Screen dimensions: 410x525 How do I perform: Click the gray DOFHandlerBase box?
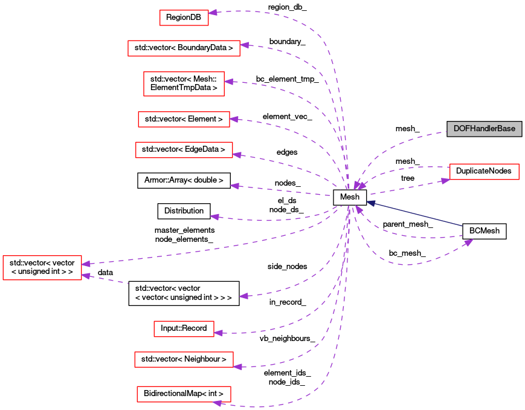coord(484,129)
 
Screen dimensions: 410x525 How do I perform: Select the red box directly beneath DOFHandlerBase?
coord(484,172)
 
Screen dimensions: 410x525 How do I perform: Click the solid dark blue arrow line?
coord(417,214)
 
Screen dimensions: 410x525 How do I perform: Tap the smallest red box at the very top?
coord(184,18)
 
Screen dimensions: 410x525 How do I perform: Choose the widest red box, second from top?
coord(184,48)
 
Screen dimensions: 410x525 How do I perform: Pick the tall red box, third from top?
coord(184,83)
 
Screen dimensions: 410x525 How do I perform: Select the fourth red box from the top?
coord(184,119)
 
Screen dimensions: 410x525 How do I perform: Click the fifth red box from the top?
coord(184,150)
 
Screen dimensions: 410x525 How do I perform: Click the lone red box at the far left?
coord(42,267)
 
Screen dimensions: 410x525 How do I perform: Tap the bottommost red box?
coord(184,394)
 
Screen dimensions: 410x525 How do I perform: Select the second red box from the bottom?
coord(184,359)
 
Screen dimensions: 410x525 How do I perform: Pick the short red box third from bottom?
coord(184,329)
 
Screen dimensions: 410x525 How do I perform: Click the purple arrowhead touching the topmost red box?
coord(213,12)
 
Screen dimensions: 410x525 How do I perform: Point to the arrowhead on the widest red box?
coord(244,45)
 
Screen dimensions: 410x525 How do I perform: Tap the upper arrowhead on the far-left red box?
coord(86,264)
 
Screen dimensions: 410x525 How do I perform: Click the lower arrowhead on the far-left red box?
coord(86,276)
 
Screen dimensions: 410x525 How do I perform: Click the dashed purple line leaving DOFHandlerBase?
coord(417,138)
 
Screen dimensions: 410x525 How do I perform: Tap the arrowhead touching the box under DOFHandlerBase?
coord(445,180)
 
